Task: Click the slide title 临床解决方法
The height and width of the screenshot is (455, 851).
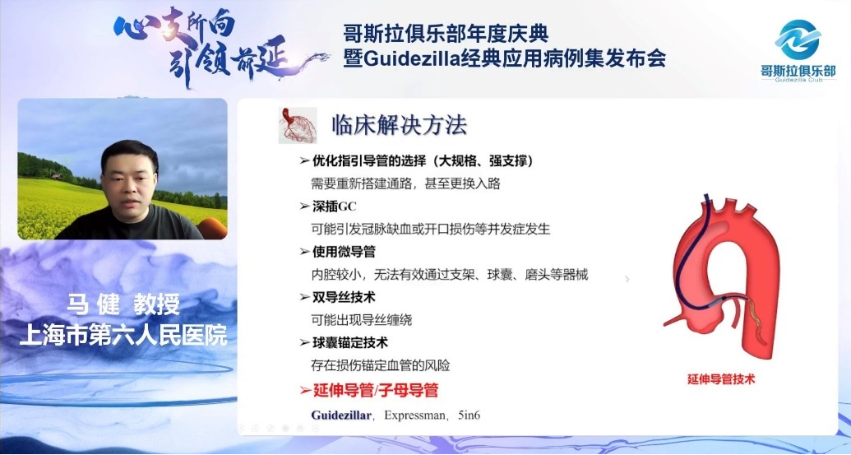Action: point(399,125)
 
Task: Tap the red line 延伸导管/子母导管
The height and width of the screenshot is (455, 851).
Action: point(374,390)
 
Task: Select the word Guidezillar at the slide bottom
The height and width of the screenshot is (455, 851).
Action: point(342,415)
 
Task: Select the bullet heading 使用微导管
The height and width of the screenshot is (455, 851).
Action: point(346,251)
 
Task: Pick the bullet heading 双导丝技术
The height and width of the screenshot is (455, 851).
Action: point(346,296)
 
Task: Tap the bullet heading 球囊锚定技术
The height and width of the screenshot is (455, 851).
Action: point(352,341)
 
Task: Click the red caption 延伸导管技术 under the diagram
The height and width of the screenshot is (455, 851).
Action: point(721,379)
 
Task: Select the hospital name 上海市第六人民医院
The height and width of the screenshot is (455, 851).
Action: point(123,336)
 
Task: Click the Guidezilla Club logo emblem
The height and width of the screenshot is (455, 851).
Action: point(798,39)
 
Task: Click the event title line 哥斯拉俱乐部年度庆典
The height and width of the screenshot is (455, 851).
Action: point(446,34)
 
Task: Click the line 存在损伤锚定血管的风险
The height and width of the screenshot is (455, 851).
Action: point(380,364)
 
